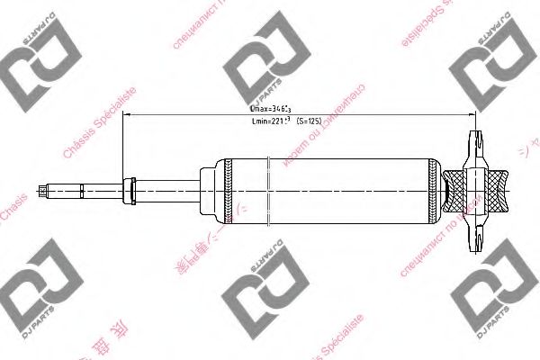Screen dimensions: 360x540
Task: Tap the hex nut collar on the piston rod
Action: (x=130, y=189)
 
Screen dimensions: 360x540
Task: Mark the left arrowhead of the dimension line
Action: (x=127, y=114)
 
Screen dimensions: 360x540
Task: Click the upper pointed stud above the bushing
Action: (x=474, y=144)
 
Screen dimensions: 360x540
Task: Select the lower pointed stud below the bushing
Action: (x=474, y=238)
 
